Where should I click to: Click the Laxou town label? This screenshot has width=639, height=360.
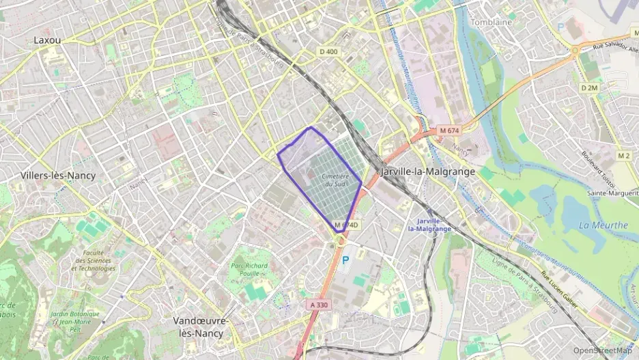tap(47, 40)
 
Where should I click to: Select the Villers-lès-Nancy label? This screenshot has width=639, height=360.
tap(58, 176)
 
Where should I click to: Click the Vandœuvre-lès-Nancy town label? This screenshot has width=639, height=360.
tap(200, 327)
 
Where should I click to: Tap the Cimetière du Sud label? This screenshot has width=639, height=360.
tap(335, 180)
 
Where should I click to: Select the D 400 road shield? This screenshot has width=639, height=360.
tap(328, 52)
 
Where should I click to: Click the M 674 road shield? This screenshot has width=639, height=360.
tap(449, 130)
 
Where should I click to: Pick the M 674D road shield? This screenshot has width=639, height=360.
tap(346, 225)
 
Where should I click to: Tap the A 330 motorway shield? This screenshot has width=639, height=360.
tap(319, 305)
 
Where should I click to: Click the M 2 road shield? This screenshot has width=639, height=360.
tap(624, 156)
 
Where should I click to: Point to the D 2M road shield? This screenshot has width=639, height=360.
tap(588, 88)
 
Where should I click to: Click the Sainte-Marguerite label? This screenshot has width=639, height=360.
tap(612, 193)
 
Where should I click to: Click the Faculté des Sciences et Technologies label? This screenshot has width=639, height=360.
tap(92, 260)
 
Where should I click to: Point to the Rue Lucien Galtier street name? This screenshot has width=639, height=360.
tap(558, 290)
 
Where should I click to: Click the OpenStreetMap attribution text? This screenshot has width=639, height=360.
tap(603, 350)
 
